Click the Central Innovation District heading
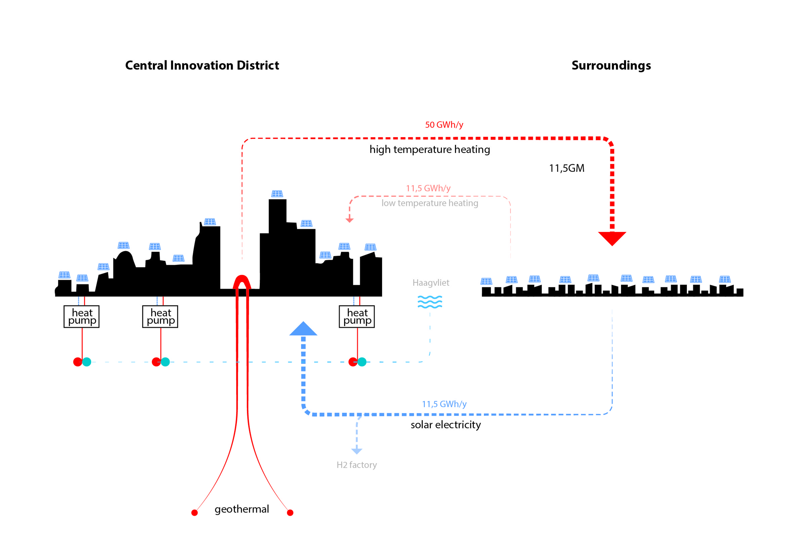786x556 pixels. coord(202,66)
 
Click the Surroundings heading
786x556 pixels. coord(611,66)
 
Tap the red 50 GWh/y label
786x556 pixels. coord(444,125)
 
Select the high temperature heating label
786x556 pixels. coord(430,149)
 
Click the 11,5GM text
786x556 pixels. coord(566,168)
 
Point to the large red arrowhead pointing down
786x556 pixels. coord(612,238)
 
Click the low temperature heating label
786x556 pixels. coord(430,203)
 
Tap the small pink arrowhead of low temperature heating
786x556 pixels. coord(349,220)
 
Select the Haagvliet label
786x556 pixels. coord(431,283)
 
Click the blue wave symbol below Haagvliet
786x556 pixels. coord(430,302)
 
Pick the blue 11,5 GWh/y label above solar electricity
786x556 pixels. coord(444,404)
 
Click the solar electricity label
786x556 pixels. coord(446,425)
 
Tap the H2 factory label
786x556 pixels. coord(356,465)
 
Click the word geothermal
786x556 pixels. coord(242,509)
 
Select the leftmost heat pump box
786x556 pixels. coord(81,317)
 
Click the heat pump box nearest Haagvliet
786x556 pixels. coord(357,317)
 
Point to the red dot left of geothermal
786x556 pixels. coord(194,512)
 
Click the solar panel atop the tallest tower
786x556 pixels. coord(277,194)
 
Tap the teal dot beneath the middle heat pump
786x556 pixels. coord(165,362)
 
